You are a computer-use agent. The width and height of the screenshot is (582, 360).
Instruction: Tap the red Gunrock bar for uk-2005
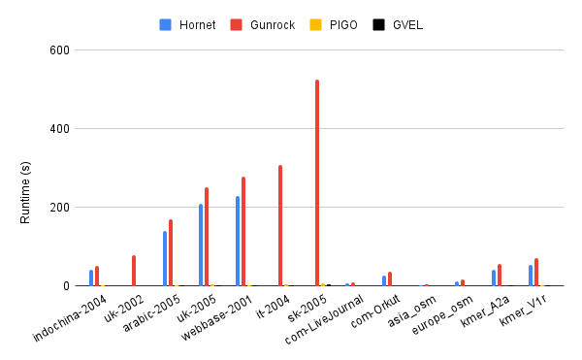click(207, 237)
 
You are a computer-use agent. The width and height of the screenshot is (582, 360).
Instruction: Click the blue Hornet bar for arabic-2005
click(165, 258)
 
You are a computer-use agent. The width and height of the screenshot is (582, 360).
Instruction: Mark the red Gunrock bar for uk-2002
click(134, 271)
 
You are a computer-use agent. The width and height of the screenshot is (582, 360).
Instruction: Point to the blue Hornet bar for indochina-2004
click(91, 278)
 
